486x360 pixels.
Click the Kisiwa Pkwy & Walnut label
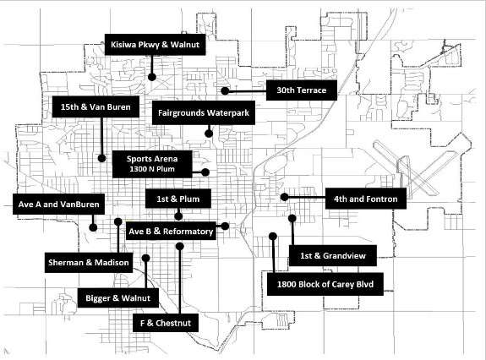pyautogui.click(x=155, y=45)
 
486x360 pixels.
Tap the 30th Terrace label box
pyautogui.click(x=302, y=90)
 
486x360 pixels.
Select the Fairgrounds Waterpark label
pyautogui.click(x=204, y=112)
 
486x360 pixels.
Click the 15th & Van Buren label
pyautogui.click(x=96, y=106)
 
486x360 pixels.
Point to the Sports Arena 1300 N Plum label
pyautogui.click(x=152, y=164)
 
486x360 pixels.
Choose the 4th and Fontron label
pyautogui.click(x=366, y=199)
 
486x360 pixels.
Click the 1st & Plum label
pyautogui.click(x=178, y=199)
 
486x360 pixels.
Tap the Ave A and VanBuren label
pyautogui.click(x=58, y=205)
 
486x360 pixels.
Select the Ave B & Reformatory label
pyautogui.click(x=171, y=231)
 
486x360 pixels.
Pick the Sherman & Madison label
pyautogui.click(x=89, y=263)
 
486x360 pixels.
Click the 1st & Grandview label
pyautogui.click(x=333, y=255)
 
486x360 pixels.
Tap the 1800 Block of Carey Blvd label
pyautogui.click(x=325, y=284)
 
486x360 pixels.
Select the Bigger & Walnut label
pyautogui.click(x=118, y=298)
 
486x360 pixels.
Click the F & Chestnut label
pyautogui.click(x=166, y=323)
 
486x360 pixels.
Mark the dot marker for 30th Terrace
pyautogui.click(x=225, y=90)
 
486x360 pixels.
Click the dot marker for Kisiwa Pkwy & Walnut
pyautogui.click(x=152, y=77)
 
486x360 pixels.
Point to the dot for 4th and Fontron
pyautogui.click(x=285, y=197)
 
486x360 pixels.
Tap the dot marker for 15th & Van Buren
pyautogui.click(x=101, y=158)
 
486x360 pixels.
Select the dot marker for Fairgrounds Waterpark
pyautogui.click(x=209, y=134)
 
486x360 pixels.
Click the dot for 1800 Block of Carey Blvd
pyautogui.click(x=273, y=237)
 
